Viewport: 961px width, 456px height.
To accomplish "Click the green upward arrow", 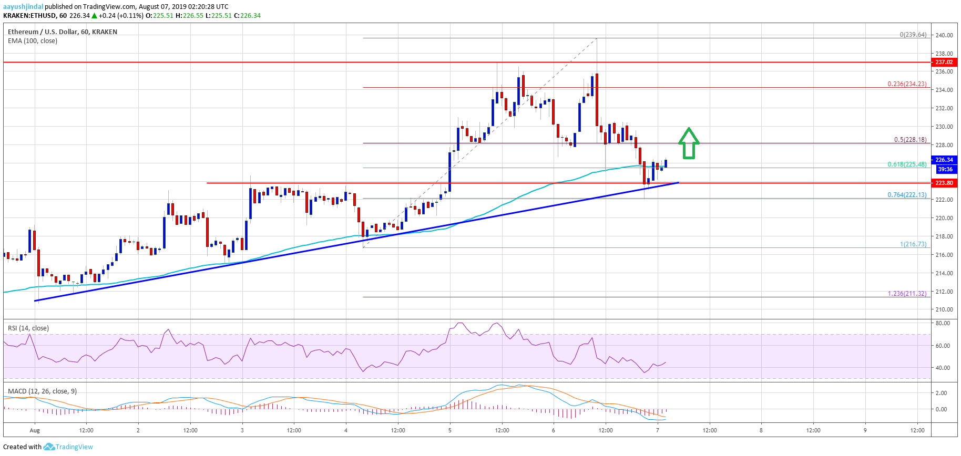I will tap(689, 143).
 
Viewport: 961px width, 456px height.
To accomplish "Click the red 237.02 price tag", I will tap(944, 62).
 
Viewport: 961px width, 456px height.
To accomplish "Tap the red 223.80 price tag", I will tap(944, 183).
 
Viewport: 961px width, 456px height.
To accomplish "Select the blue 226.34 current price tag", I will tap(944, 160).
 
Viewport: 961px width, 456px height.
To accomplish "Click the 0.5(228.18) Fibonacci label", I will tap(910, 140).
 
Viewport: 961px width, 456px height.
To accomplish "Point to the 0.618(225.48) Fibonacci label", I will tap(907, 164).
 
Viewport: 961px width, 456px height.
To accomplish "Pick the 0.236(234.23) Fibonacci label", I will tap(907, 84).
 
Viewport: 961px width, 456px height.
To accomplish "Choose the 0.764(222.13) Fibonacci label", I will tap(907, 195).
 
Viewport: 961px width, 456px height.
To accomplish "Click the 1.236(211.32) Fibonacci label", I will tap(907, 294).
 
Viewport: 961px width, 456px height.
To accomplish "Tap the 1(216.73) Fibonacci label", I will tap(913, 244).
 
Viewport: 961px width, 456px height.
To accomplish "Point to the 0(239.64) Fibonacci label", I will tap(913, 35).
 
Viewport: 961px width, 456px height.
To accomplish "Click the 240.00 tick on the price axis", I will tap(944, 35).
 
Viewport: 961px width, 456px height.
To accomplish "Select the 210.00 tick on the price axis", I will tap(944, 310).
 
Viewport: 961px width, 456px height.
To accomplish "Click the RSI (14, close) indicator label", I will tap(28, 328).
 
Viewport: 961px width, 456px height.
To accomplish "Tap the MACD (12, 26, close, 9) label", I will tap(42, 391).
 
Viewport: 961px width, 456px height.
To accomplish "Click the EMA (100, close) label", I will tap(33, 41).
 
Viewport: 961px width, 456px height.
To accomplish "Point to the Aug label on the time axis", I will tap(35, 430).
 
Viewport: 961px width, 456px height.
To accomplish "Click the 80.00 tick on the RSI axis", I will tap(943, 324).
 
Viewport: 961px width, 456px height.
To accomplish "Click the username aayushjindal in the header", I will tap(23, 7).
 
